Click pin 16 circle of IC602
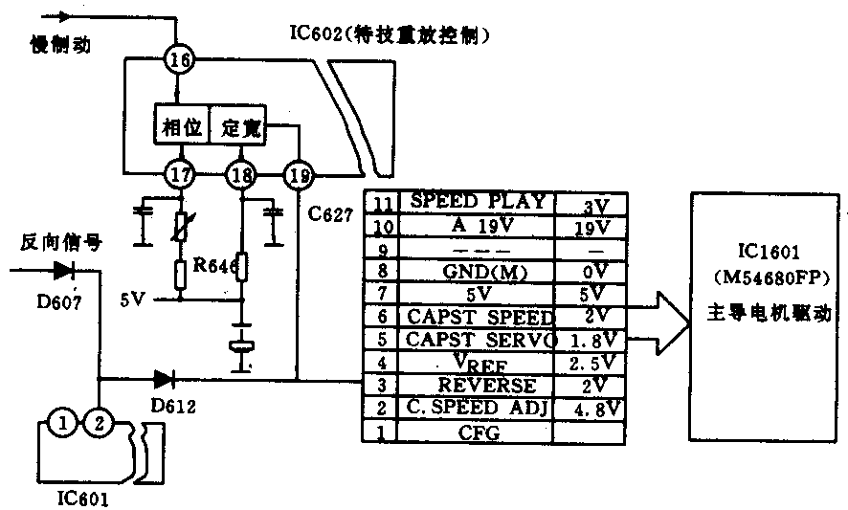(179, 60)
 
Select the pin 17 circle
(179, 174)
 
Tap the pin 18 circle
(239, 174)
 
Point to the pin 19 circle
(299, 174)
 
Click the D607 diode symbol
(64, 271)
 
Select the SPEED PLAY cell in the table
(477, 203)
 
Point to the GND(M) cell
(476, 272)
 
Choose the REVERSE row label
(476, 385)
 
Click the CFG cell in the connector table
(476, 432)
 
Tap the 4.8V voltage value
(591, 409)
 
